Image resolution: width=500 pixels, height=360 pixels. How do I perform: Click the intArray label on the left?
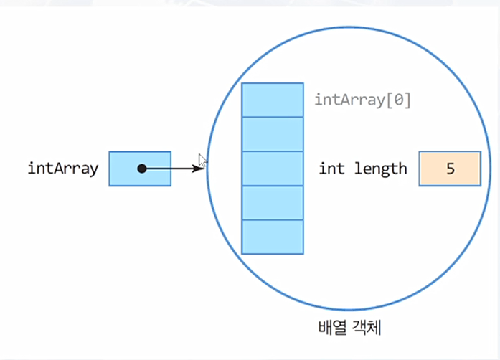coord(62,169)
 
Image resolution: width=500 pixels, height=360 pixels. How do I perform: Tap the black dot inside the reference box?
coord(142,169)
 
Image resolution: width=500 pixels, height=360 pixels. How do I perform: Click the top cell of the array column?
coord(272,100)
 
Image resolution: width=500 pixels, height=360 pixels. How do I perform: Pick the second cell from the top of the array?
coord(272,134)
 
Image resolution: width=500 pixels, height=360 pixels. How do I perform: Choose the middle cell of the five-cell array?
coord(272,169)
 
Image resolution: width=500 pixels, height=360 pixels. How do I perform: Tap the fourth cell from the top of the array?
coord(272,203)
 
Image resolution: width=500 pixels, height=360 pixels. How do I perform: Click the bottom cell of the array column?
coord(272,237)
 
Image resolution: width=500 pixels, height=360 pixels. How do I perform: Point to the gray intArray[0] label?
coord(362,100)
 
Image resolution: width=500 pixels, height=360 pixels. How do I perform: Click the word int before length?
coord(331,169)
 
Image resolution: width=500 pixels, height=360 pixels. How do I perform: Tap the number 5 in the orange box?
coord(450,169)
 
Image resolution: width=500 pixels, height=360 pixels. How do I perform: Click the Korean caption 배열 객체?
coord(349,328)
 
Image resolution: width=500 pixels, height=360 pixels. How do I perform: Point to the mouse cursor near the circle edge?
coord(203,161)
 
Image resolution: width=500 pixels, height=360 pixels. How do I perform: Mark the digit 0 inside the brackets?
coord(399,100)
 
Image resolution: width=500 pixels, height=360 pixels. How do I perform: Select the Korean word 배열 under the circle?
coord(332,328)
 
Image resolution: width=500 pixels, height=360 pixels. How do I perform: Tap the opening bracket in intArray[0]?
coord(390,100)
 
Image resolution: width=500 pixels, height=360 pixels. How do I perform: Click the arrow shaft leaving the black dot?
coord(172,169)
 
